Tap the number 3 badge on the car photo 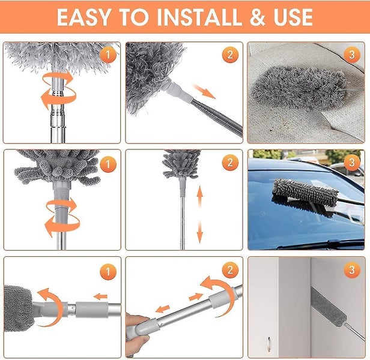click(x=353, y=164)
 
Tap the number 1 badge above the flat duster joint click(x=108, y=272)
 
